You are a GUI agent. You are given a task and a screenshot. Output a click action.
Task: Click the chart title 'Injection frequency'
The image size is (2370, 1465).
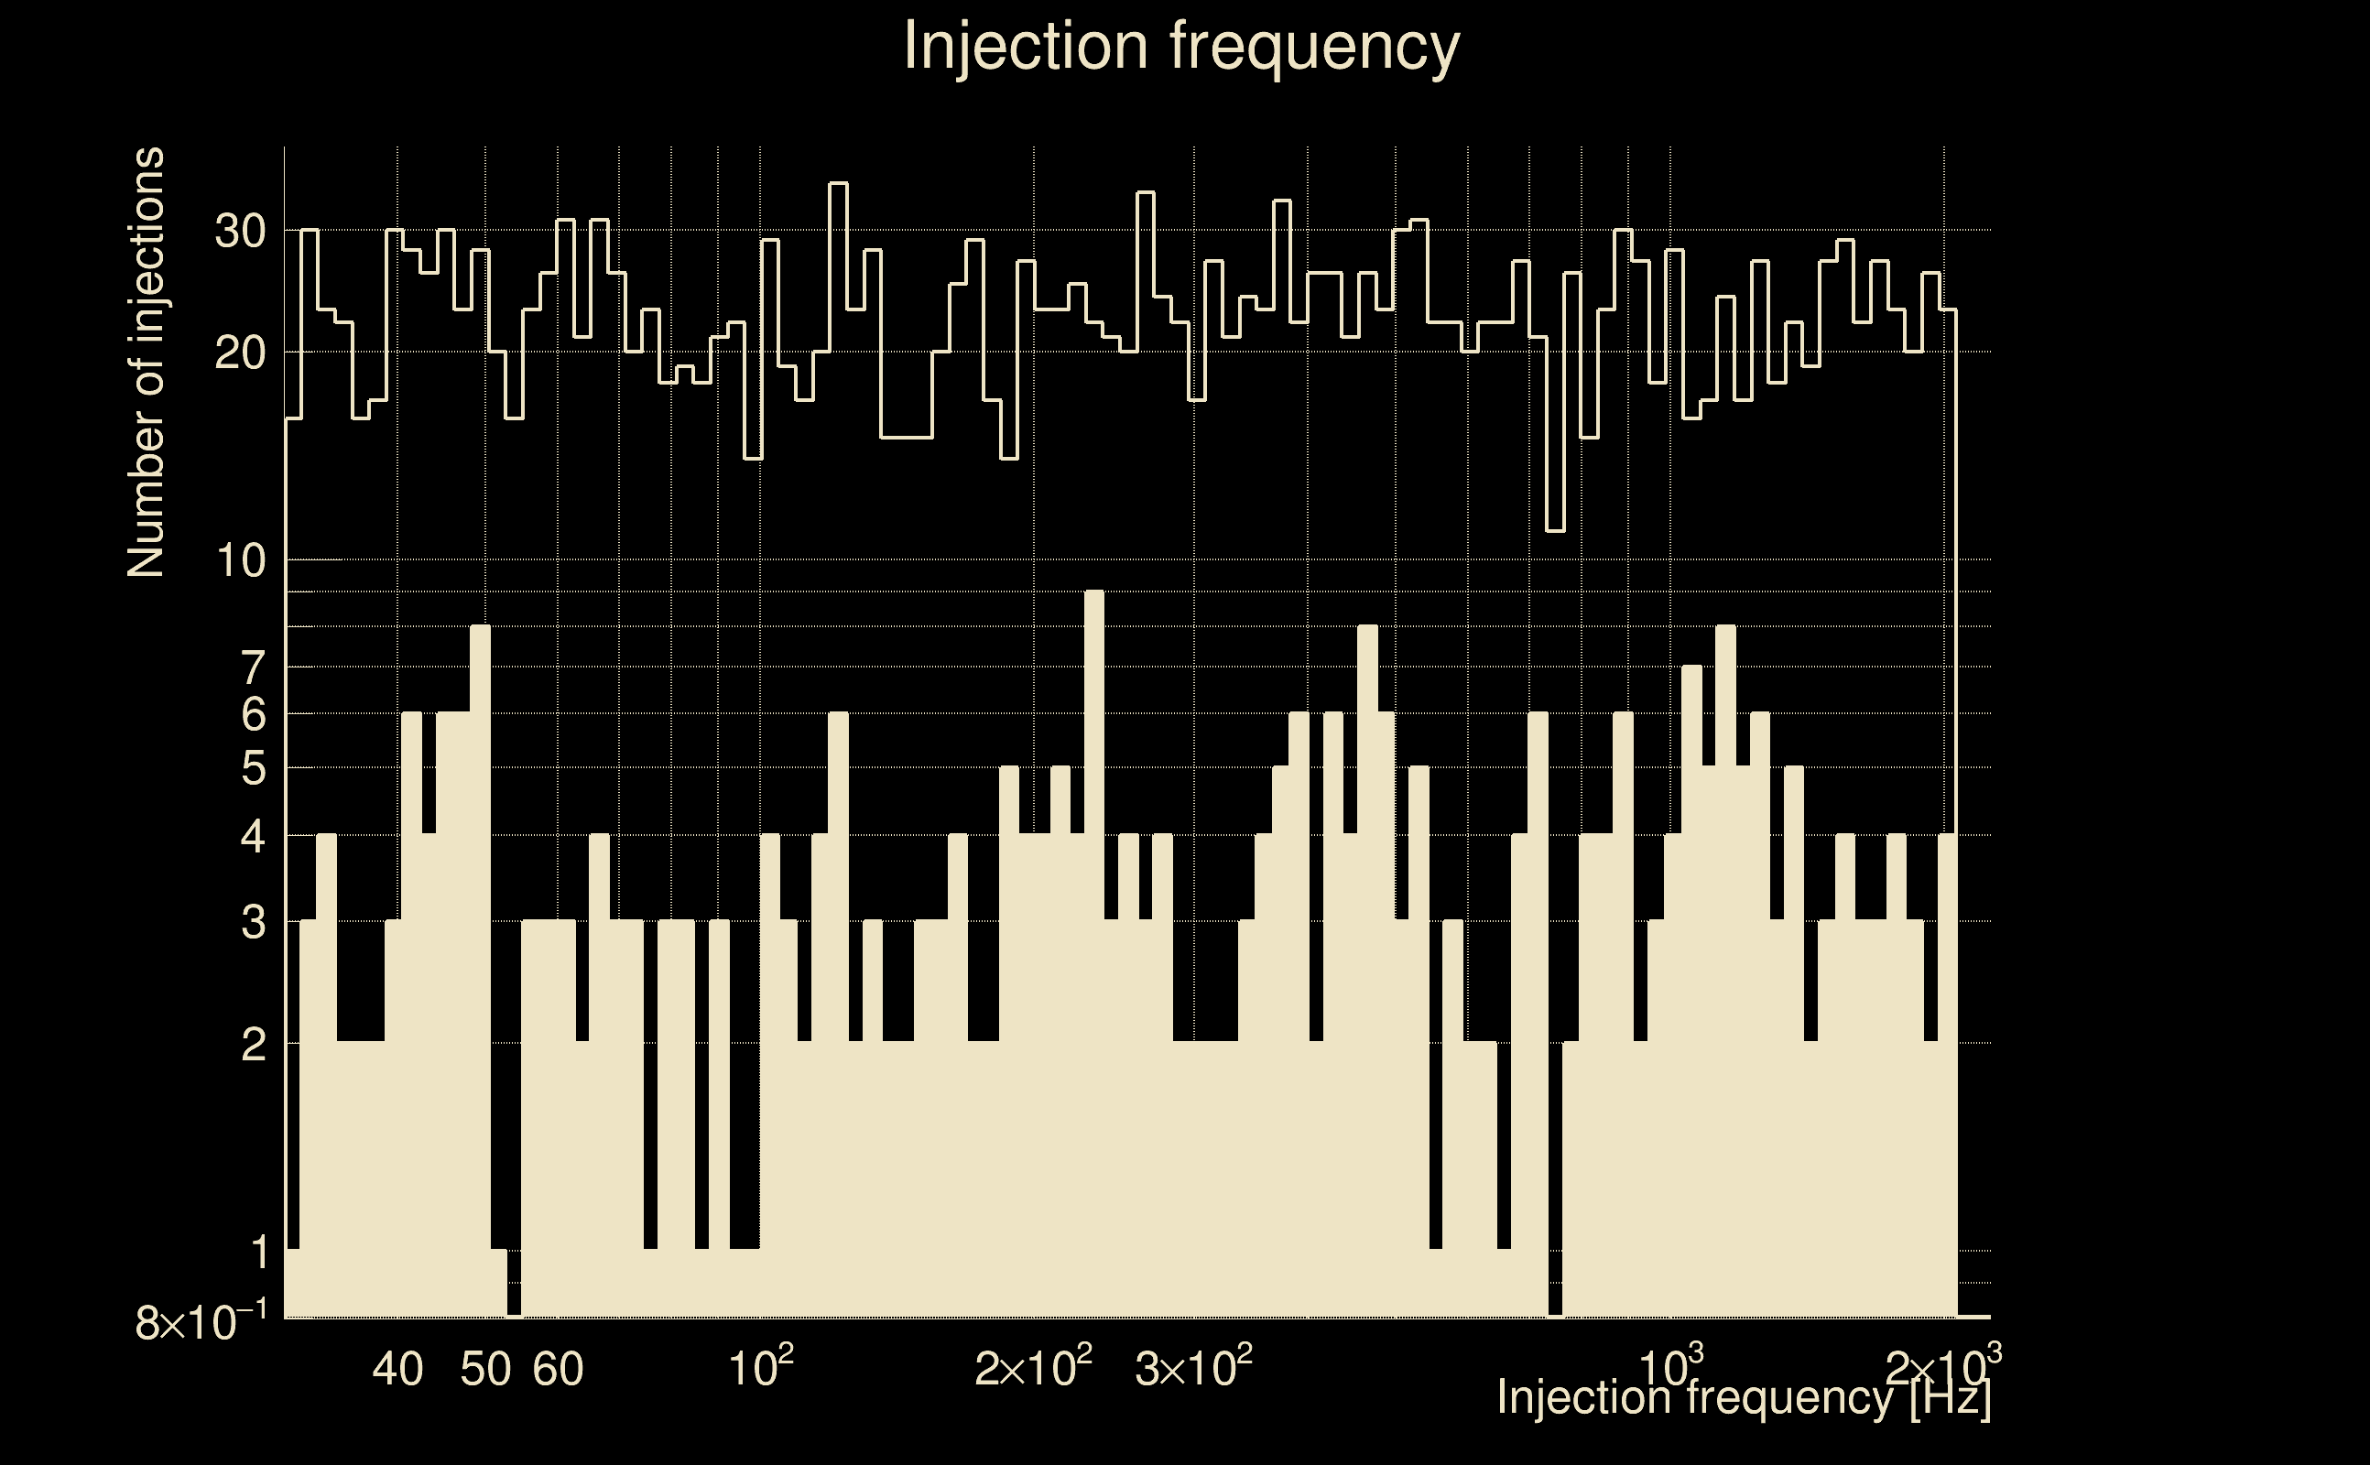(x=1180, y=47)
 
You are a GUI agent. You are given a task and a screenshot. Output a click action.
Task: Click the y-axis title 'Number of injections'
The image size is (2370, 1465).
(x=147, y=363)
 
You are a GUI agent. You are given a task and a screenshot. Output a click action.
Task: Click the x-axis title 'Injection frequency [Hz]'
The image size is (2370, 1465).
(x=1744, y=1398)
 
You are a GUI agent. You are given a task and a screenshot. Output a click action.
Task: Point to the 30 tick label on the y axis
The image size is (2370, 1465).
(x=239, y=233)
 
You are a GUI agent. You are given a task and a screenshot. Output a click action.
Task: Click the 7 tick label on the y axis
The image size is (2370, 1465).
(x=253, y=668)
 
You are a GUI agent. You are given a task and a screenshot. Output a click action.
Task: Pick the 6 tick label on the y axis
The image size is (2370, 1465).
(x=253, y=716)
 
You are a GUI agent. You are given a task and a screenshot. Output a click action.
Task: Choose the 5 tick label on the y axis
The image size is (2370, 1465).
(x=253, y=770)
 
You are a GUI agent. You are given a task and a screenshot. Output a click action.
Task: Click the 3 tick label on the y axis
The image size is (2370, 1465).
(x=253, y=923)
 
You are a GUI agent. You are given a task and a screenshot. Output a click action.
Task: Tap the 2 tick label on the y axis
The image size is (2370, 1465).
(x=253, y=1046)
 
